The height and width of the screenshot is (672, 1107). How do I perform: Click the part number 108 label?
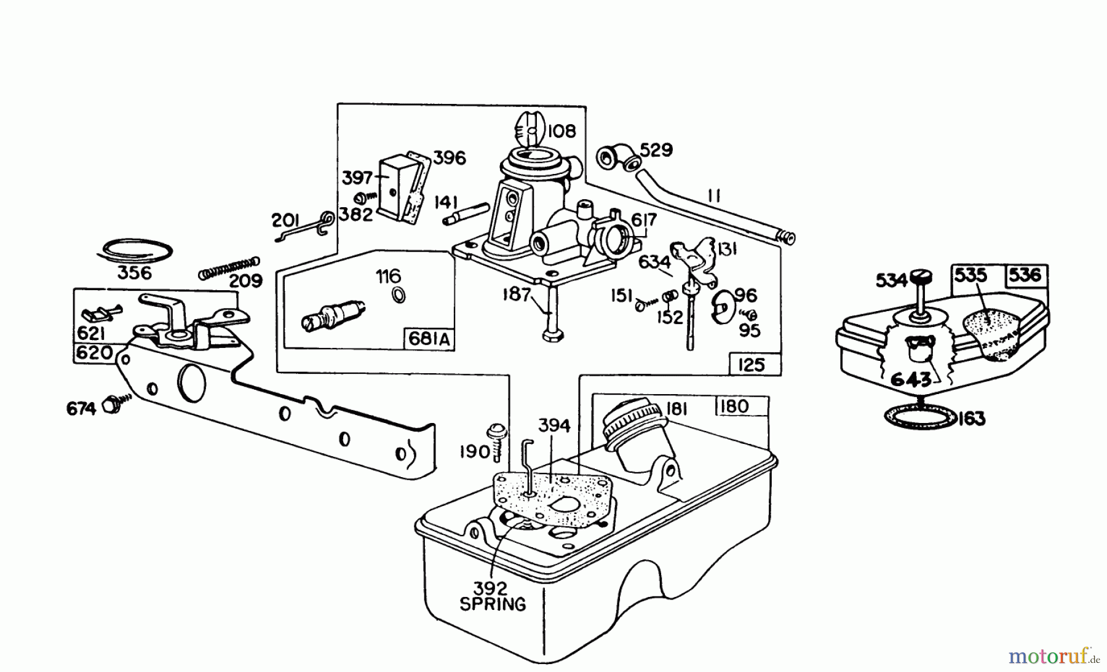[x=561, y=132]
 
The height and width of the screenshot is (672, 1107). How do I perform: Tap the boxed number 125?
[x=751, y=365]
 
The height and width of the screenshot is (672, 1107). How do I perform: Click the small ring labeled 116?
[x=398, y=296]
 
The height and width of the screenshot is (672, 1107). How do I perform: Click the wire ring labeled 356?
[x=137, y=251]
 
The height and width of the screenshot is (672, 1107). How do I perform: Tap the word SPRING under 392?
[x=493, y=604]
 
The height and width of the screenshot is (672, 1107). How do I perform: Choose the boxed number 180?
[x=733, y=406]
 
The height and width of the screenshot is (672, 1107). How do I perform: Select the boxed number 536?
[x=1025, y=275]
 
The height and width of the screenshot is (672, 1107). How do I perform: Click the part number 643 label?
[x=910, y=380]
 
